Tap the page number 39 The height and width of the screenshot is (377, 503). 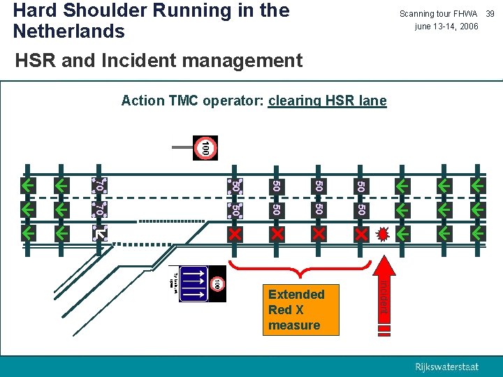pos(490,14)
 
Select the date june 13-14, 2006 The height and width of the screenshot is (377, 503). pos(446,27)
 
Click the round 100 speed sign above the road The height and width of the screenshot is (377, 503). pos(205,148)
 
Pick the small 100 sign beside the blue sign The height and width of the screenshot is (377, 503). pos(217,283)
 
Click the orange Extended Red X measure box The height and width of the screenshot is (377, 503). pos(296,310)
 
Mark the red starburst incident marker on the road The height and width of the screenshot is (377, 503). pos(383,233)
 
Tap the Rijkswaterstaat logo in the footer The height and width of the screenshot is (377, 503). pos(447,367)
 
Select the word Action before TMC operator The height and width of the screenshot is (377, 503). pos(143,101)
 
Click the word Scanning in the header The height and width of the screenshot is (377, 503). pos(419,14)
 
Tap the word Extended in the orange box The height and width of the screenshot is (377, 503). pos(296,294)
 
